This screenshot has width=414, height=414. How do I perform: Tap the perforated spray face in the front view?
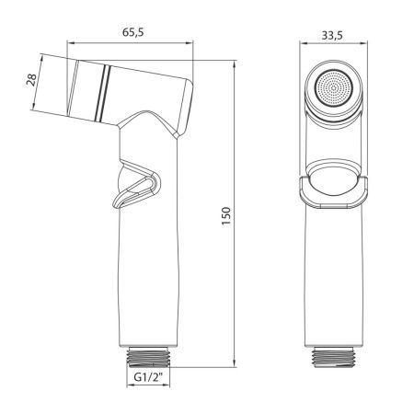coord(333,88)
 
